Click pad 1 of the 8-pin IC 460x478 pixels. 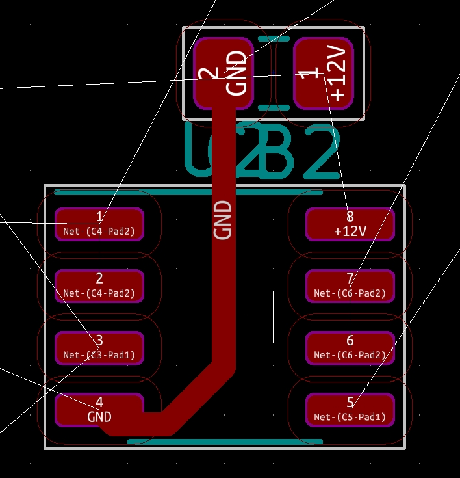pos(99,224)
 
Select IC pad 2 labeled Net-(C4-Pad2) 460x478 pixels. pos(99,286)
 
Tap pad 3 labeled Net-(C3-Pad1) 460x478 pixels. pos(99,348)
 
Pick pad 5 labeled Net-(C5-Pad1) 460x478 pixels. pos(350,410)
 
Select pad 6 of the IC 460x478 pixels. pos(350,348)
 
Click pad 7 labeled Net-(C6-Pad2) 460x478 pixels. pos(350,286)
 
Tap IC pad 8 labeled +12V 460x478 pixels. pos(350,224)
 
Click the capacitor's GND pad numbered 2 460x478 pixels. pos(223,73)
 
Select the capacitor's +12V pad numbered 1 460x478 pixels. pos(324,73)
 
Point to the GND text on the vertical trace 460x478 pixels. pos(223,220)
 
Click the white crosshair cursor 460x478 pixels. pos(274,317)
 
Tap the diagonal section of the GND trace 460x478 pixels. pos(195,397)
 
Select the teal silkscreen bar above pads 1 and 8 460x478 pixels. pos(188,193)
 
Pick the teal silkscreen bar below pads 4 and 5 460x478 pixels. pos(225,442)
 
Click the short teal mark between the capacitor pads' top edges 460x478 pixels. pos(273,39)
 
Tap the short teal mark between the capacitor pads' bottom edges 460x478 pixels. pos(273,107)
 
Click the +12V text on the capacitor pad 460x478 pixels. pos(337,73)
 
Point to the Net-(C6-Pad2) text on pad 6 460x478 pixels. pos(350,355)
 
